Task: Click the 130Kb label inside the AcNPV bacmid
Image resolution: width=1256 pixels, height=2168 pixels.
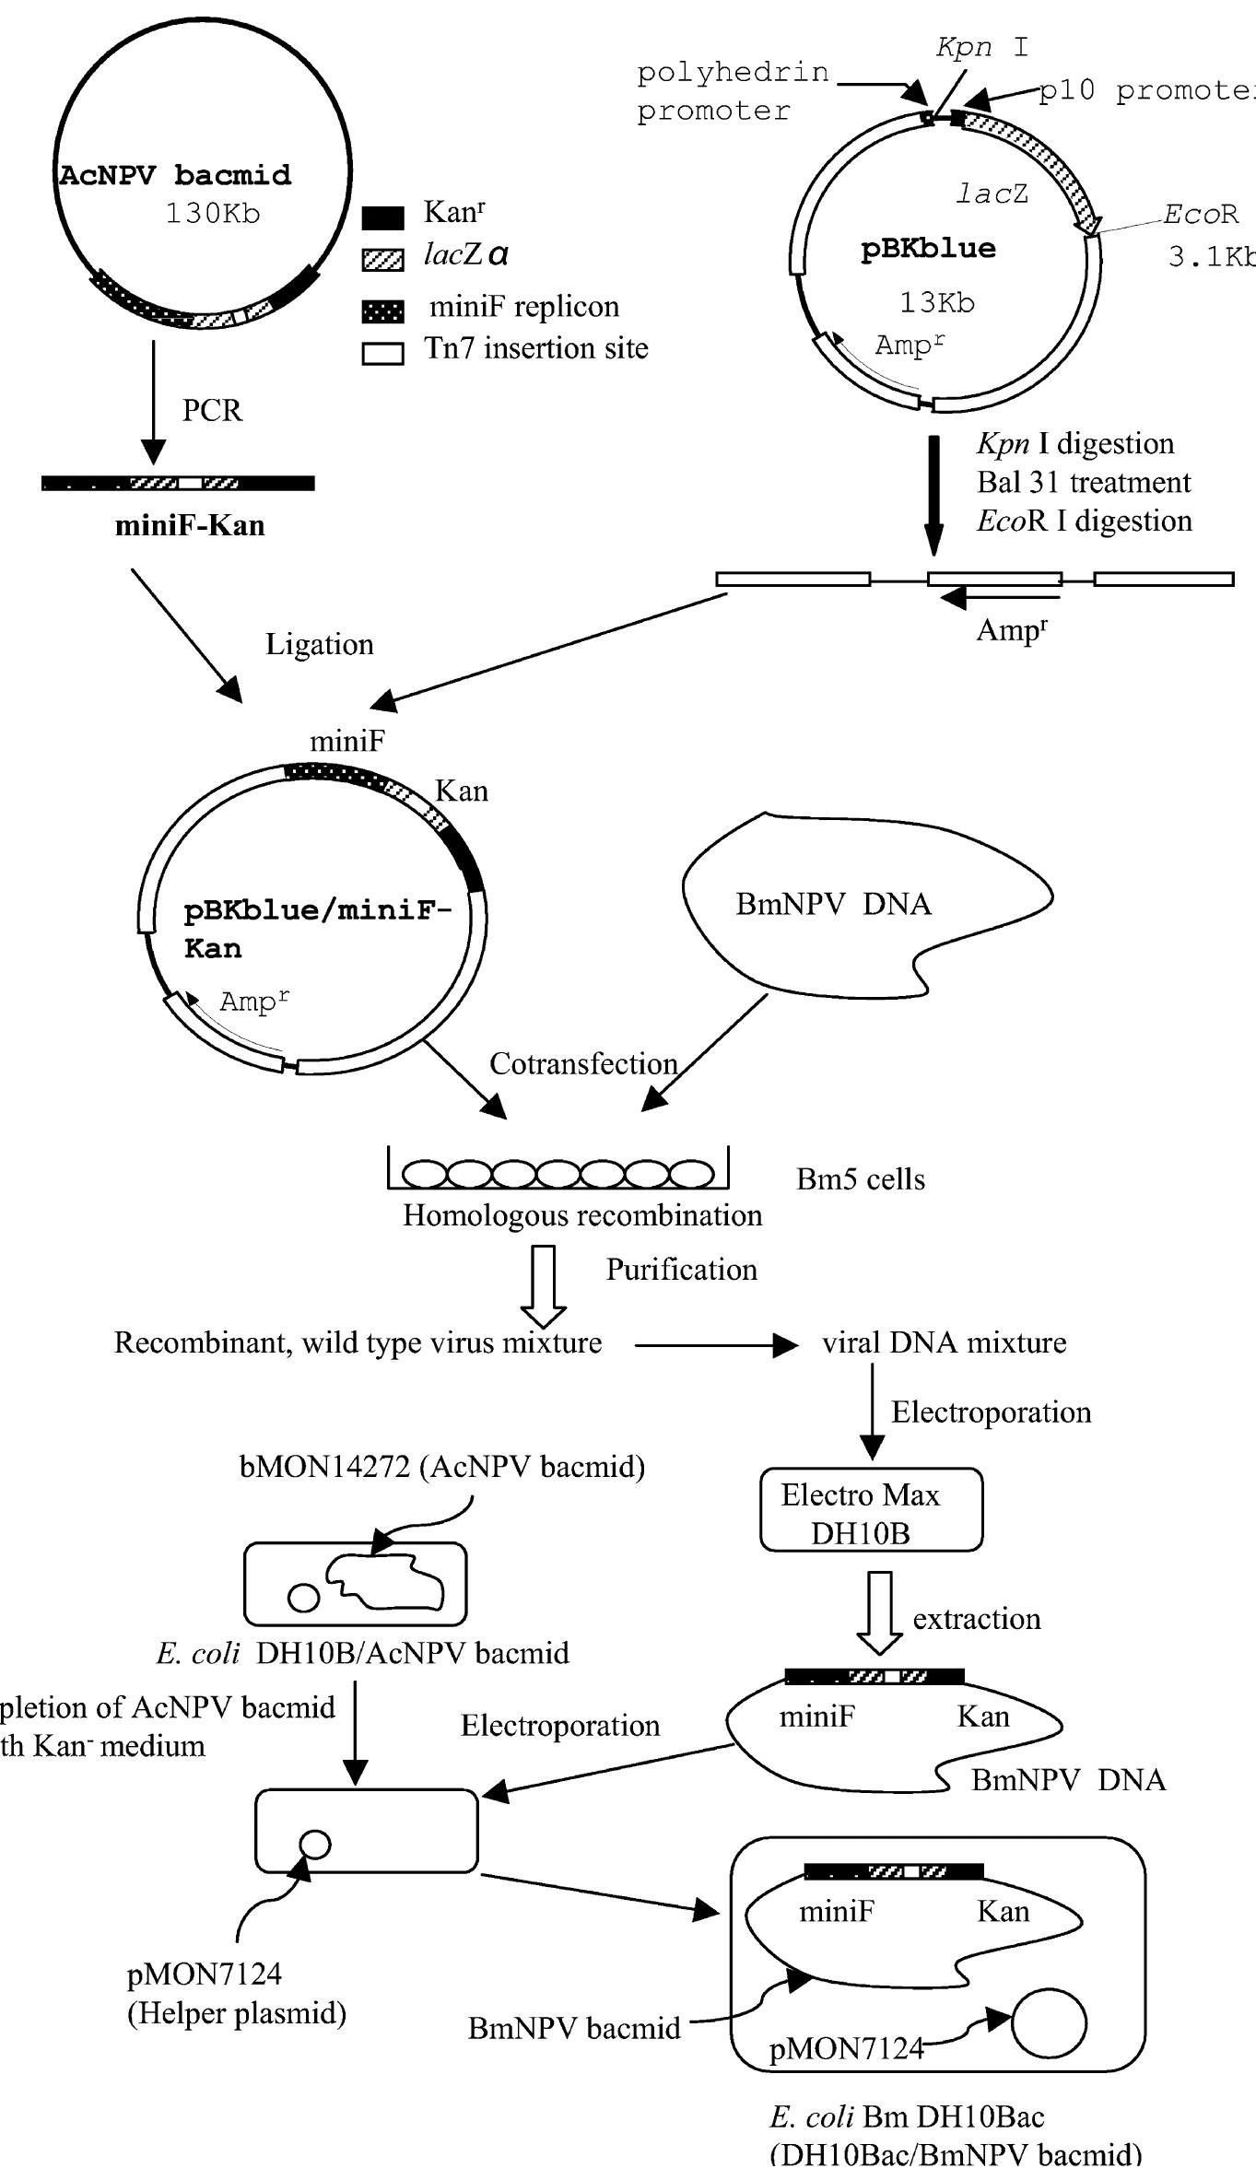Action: [213, 214]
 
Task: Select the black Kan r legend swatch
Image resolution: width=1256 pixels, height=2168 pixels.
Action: [382, 217]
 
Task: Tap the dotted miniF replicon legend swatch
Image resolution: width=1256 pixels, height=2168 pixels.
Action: [382, 311]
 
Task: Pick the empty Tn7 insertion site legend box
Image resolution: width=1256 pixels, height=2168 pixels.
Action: [382, 354]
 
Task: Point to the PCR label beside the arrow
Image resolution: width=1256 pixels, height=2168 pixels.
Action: [212, 410]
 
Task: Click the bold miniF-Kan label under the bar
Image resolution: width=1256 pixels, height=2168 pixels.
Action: [190, 525]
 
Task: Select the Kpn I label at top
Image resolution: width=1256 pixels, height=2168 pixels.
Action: [982, 47]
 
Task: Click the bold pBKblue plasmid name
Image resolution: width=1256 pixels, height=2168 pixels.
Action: [928, 249]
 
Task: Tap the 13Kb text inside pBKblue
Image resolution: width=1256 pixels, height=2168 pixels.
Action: [937, 302]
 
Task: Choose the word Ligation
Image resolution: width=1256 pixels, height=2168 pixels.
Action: [320, 644]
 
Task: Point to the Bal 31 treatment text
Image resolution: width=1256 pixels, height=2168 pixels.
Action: [1084, 482]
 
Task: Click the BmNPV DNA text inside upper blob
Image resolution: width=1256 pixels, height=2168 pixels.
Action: [833, 904]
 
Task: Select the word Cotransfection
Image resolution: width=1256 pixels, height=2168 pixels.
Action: [583, 1063]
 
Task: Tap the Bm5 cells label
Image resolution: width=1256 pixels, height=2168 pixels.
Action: [861, 1179]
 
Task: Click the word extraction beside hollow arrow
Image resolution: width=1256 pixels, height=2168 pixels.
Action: [977, 1619]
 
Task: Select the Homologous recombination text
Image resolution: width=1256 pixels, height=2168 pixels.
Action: [582, 1215]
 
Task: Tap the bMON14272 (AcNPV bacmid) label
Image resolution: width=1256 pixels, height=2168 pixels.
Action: [442, 1466]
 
